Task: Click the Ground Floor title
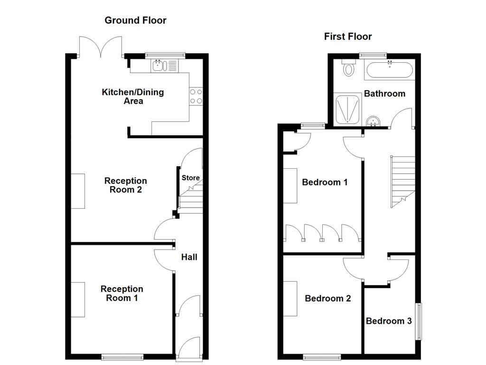(135, 20)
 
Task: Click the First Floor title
(348, 37)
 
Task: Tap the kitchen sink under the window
(158, 66)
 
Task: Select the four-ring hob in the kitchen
(196, 96)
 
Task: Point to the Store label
(191, 178)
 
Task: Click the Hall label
(189, 257)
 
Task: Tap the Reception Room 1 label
(121, 294)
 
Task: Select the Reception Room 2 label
(126, 185)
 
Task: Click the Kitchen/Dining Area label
(133, 96)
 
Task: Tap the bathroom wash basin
(373, 121)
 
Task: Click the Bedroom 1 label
(325, 182)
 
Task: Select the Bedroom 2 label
(327, 298)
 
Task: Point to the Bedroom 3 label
(389, 321)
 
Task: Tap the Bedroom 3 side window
(418, 321)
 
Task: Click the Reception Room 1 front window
(122, 356)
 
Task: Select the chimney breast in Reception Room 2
(78, 191)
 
